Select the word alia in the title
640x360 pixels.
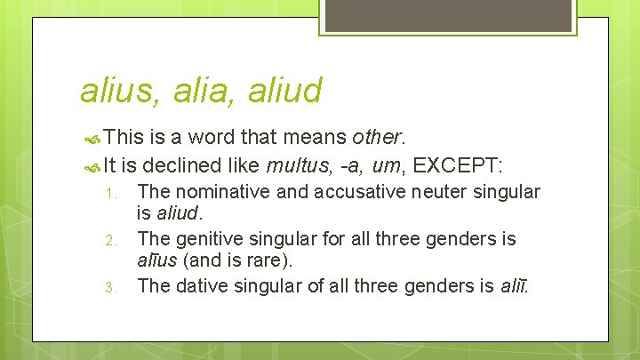(x=193, y=90)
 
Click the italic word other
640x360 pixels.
(x=378, y=138)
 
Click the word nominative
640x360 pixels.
(x=217, y=191)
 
